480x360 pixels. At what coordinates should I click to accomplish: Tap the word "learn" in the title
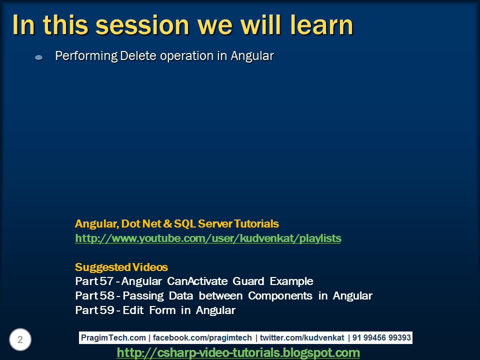[x=319, y=25]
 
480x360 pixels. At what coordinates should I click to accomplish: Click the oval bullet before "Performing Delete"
[x=38, y=58]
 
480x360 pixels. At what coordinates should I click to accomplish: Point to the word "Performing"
[x=86, y=56]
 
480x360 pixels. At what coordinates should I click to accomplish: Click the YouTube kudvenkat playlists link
[x=208, y=238]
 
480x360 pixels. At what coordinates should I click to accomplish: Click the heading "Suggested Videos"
[x=121, y=267]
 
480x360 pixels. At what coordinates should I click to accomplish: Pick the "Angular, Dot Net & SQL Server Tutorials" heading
[x=177, y=223]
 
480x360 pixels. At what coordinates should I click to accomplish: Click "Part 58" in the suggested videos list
[x=95, y=296]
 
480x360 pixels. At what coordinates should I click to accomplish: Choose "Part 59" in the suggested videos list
[x=95, y=310]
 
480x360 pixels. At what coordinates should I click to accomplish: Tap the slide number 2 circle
[x=20, y=340]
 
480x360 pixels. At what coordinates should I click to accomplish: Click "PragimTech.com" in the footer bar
[x=113, y=338]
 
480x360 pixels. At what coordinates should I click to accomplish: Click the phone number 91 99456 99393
[x=381, y=338]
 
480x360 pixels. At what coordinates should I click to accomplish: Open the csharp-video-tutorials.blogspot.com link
[x=238, y=353]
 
